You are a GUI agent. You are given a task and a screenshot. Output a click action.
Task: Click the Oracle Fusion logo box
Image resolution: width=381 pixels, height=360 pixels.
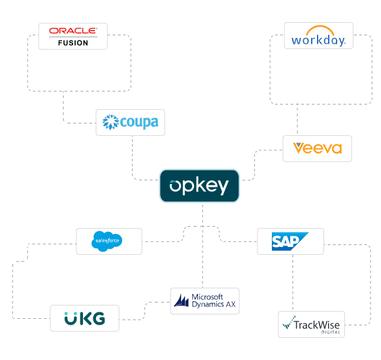coord(73,36)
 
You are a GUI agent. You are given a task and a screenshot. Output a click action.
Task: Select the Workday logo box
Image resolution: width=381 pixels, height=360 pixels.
coord(318,35)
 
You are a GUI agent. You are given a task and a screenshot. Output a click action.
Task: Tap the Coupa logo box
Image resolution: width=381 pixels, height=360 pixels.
coord(130,122)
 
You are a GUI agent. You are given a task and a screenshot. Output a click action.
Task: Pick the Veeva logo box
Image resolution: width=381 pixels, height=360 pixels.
coord(317,148)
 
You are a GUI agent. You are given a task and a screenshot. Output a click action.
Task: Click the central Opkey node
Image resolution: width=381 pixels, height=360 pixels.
coord(199,186)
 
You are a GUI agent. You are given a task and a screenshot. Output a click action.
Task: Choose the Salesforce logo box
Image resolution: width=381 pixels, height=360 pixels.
coord(108,241)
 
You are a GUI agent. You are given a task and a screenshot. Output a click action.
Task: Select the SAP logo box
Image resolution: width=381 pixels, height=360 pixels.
coord(290,241)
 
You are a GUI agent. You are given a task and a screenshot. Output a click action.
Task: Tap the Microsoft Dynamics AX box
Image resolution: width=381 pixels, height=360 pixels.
coord(205,301)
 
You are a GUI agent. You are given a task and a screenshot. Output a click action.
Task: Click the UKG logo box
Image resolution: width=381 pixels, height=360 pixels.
coord(85,318)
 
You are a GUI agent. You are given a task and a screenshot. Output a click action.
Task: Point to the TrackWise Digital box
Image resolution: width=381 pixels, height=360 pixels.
coord(311,324)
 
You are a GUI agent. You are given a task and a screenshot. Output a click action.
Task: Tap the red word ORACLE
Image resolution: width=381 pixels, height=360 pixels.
coord(73,31)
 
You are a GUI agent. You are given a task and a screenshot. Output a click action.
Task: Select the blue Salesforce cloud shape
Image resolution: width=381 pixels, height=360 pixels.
coord(108,241)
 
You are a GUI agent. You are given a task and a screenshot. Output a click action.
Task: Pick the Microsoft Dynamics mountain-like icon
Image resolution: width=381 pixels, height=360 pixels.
coord(181,301)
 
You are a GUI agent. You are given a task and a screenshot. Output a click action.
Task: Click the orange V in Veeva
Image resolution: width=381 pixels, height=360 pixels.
coord(299,148)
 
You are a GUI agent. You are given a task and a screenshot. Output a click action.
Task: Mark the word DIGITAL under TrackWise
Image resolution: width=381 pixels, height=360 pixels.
coord(330,331)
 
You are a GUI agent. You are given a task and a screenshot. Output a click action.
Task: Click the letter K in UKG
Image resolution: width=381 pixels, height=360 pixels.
coord(85,319)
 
